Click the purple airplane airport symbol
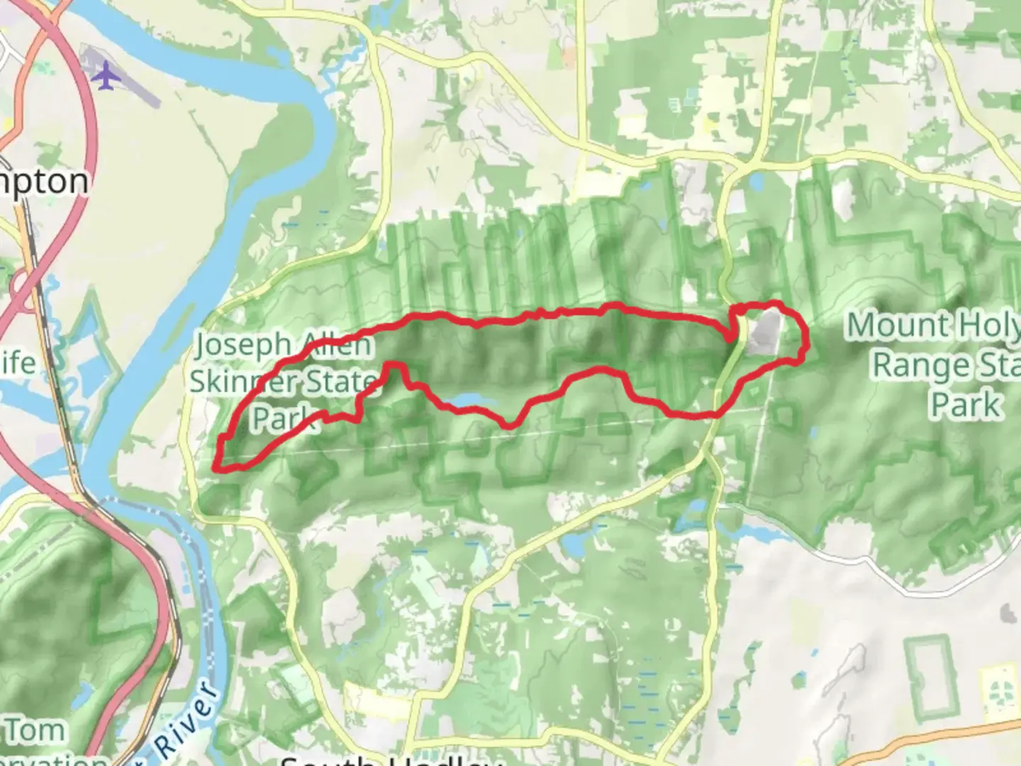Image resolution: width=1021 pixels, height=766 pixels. tap(106, 76)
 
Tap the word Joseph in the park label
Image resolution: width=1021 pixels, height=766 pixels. tap(243, 345)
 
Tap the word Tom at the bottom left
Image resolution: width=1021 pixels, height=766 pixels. tap(35, 730)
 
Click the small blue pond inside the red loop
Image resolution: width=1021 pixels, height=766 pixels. tap(468, 401)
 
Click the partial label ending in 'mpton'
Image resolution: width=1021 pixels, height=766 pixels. tap(44, 182)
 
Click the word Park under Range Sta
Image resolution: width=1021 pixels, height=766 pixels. tap(965, 405)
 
